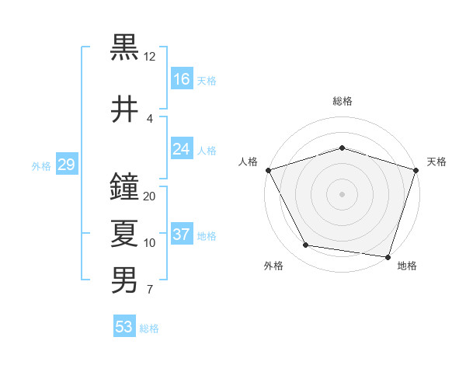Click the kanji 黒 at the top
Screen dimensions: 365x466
(125, 47)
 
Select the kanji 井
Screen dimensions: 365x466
(125, 108)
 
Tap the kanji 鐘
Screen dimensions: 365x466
(125, 186)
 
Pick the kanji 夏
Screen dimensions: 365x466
(125, 233)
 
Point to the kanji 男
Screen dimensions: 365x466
(125, 280)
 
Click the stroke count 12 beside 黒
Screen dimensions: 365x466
(150, 57)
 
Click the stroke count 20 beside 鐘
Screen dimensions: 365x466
(150, 196)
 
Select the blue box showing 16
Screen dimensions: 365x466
(182, 78)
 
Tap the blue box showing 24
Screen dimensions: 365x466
(182, 149)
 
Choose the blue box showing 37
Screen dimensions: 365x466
(182, 235)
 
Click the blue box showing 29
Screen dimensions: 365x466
(66, 165)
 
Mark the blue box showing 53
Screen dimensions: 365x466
(124, 327)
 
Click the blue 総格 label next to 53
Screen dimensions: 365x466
(149, 328)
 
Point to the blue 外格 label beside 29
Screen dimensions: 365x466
(41, 165)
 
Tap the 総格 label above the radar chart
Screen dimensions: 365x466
(343, 101)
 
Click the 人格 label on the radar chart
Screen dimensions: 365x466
(249, 162)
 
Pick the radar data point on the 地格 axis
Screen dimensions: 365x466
(388, 256)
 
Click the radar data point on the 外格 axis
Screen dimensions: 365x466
(306, 245)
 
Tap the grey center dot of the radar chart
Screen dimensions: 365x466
(343, 193)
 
